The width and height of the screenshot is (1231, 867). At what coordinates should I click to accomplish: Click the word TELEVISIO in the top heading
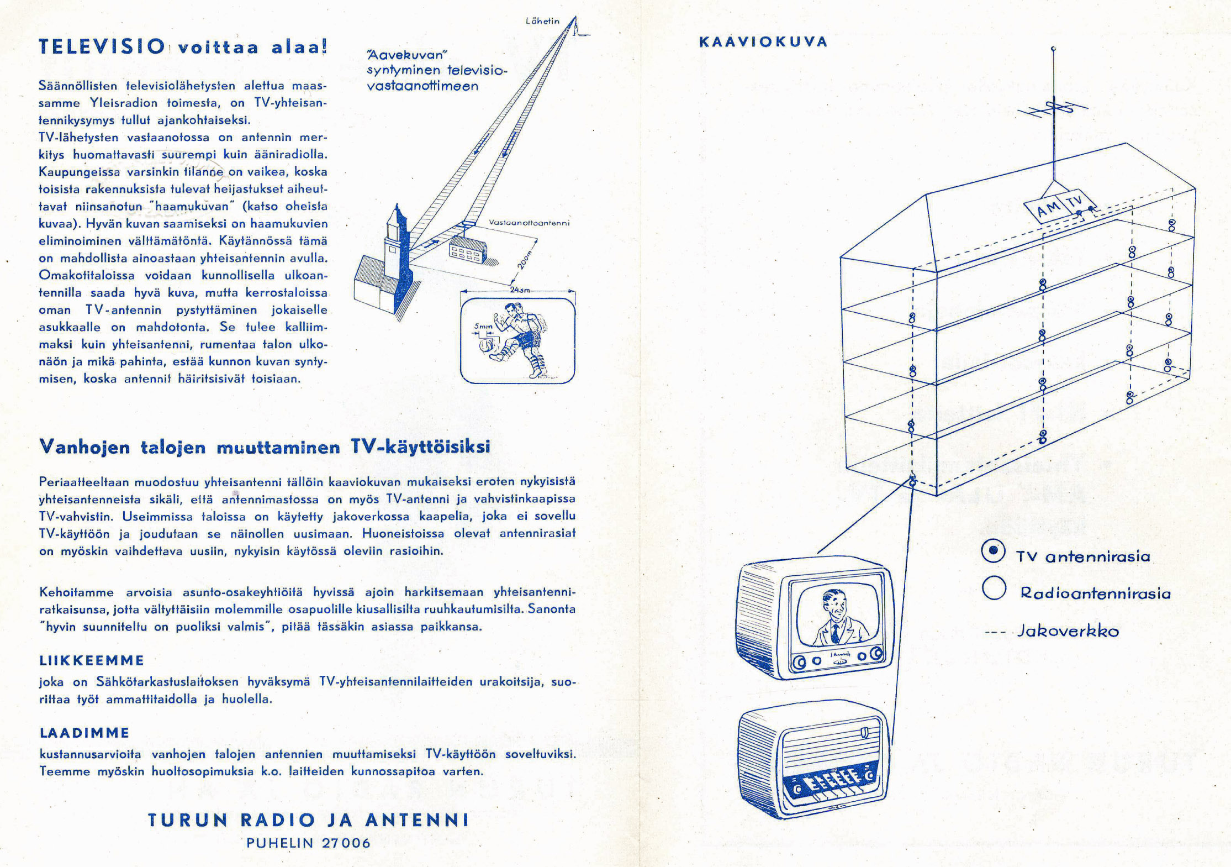coord(102,46)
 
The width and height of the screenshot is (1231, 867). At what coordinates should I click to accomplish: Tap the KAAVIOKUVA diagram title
coord(763,43)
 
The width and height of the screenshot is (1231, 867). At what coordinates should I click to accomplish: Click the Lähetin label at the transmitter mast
coord(542,22)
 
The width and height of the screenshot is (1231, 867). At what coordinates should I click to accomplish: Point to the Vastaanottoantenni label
coord(529,223)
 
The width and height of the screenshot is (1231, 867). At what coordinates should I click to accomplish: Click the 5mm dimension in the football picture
coord(482,327)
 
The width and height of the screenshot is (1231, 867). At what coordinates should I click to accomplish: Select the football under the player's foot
coord(488,347)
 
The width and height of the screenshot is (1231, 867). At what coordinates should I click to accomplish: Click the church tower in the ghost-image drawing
coord(397,243)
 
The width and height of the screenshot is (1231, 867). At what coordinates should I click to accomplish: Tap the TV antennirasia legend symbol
coord(993,551)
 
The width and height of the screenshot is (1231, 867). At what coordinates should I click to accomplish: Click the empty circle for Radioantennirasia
coord(994,588)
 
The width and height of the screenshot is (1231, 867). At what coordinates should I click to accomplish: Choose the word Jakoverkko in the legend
coord(1068,631)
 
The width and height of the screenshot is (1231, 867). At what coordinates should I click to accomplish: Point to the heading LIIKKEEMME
coord(92,660)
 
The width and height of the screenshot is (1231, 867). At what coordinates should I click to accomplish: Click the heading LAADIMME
coord(84,733)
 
